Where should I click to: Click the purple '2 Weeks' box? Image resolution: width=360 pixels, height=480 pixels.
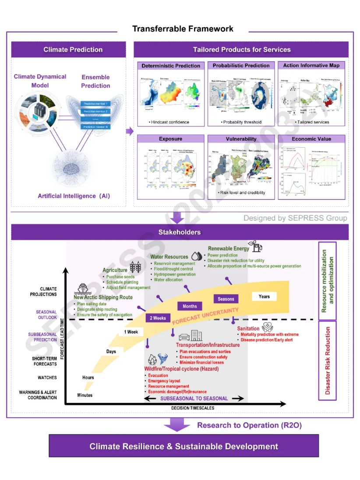click(158, 318)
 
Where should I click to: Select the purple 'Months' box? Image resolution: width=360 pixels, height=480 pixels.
click(190, 306)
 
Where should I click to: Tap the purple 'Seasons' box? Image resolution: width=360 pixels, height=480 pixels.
click(226, 299)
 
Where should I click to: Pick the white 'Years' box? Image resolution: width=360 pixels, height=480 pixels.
click(264, 296)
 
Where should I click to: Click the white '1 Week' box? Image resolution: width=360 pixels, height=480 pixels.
click(131, 332)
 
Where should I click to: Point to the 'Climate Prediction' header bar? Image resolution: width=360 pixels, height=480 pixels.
click(73, 50)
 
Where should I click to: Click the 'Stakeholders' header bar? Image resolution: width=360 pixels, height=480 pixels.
click(180, 232)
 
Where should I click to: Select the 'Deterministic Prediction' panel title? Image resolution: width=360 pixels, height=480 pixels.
click(171, 66)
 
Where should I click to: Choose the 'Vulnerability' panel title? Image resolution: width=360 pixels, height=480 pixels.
click(241, 139)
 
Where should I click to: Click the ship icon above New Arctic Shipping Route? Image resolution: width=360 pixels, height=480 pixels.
click(83, 288)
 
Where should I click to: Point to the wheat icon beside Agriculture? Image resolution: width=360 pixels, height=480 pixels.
click(135, 267)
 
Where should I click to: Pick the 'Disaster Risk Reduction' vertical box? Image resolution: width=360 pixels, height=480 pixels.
click(328, 361)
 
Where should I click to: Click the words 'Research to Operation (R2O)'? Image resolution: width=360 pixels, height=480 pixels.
click(249, 425)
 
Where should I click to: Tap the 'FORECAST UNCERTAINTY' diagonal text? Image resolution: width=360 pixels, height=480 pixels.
click(205, 316)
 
